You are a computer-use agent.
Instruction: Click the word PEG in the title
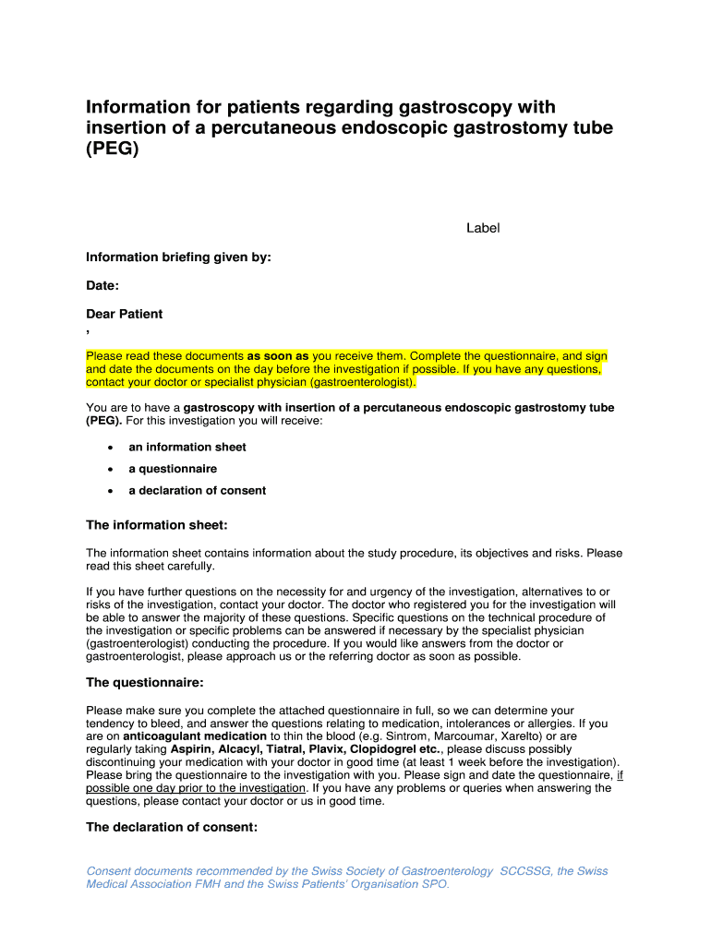(112, 149)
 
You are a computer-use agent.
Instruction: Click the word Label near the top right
(483, 228)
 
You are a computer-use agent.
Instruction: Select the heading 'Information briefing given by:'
(178, 257)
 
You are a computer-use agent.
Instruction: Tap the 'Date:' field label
(102, 286)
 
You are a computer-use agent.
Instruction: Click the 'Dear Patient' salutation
(124, 314)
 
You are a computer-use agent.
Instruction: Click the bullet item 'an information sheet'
(187, 447)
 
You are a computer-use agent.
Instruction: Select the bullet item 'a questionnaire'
(173, 469)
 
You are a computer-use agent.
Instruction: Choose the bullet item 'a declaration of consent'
(197, 491)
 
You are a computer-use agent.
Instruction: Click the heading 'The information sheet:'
(156, 525)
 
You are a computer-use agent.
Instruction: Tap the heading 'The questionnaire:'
(144, 683)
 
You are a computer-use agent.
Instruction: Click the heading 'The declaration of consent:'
(171, 828)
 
